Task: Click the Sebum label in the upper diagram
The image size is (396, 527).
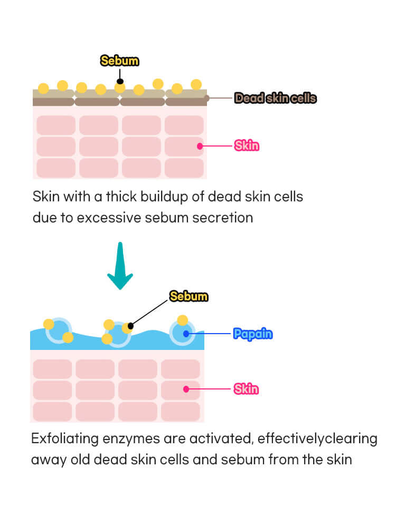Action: [119, 61]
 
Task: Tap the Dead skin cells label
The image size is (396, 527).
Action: [275, 98]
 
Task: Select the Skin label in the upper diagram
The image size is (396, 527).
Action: [247, 145]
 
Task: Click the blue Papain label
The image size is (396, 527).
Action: [253, 334]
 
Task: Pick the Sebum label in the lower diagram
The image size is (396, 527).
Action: [188, 296]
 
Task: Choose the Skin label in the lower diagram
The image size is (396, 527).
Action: [247, 389]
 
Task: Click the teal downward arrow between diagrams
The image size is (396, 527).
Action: [120, 266]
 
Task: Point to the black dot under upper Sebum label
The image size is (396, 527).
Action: [120, 81]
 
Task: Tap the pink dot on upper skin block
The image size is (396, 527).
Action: [200, 145]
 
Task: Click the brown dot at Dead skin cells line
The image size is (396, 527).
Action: [206, 98]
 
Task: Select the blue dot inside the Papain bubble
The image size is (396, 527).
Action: [185, 334]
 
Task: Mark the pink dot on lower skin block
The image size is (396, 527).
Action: [186, 389]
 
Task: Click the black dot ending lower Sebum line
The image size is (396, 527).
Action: [131, 326]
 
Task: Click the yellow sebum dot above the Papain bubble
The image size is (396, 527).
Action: [182, 320]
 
